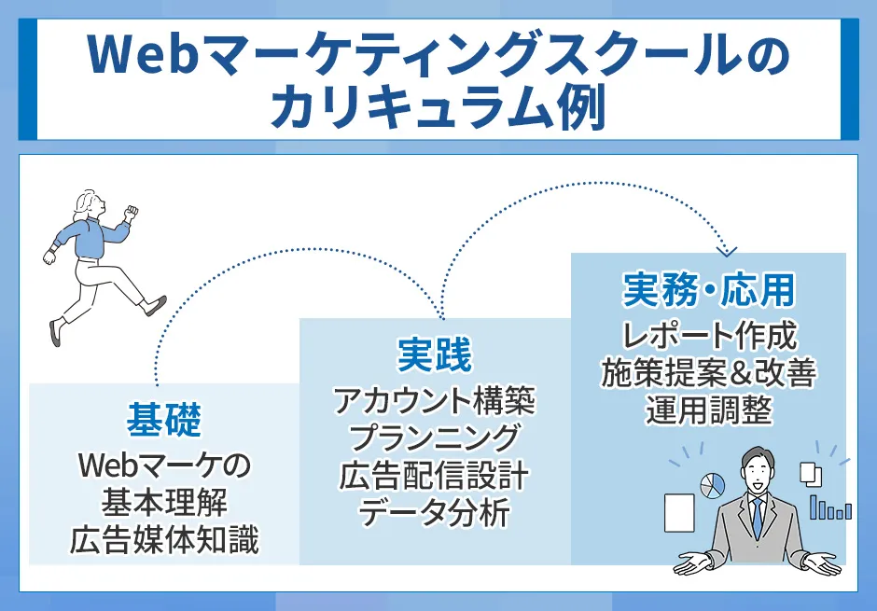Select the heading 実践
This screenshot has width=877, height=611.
435,355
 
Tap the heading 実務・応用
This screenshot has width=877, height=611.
708,291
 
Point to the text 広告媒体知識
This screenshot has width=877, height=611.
164,540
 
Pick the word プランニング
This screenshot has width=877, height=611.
435,438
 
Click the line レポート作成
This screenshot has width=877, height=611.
708,335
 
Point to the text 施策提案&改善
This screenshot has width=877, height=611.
708,373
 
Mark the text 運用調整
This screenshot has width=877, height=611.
708,410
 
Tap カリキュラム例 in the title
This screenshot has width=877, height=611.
438,109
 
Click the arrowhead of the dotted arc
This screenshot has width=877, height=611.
730,250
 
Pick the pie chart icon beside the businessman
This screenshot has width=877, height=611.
713,484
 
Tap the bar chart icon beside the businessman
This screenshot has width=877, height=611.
830,508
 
